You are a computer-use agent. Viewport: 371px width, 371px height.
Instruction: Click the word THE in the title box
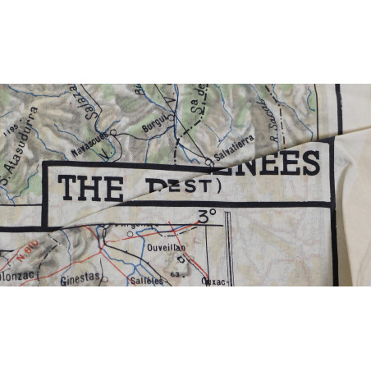[91, 188]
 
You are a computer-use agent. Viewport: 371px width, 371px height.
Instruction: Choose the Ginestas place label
[80, 278]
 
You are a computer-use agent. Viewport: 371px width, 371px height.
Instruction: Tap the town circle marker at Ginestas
[104, 277]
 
